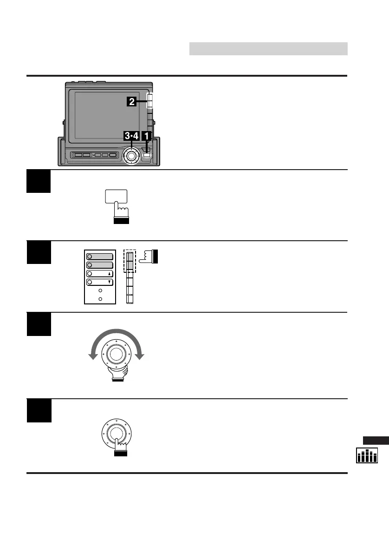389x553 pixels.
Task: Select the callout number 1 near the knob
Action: (x=147, y=136)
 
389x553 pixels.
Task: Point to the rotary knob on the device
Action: (x=131, y=156)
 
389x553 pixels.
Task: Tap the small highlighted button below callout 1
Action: (x=147, y=154)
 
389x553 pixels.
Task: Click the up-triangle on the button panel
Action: (x=109, y=274)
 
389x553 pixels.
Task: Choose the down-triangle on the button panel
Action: (x=109, y=282)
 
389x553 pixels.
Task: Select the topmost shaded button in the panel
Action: (x=100, y=257)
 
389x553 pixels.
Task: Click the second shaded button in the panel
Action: (x=100, y=265)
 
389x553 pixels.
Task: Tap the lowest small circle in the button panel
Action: (x=100, y=299)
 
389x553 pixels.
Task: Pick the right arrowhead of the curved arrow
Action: (x=140, y=356)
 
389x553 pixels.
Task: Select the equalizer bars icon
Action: (x=367, y=456)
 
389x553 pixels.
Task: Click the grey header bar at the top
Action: (x=268, y=49)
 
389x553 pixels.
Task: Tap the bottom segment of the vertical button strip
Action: (x=130, y=299)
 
